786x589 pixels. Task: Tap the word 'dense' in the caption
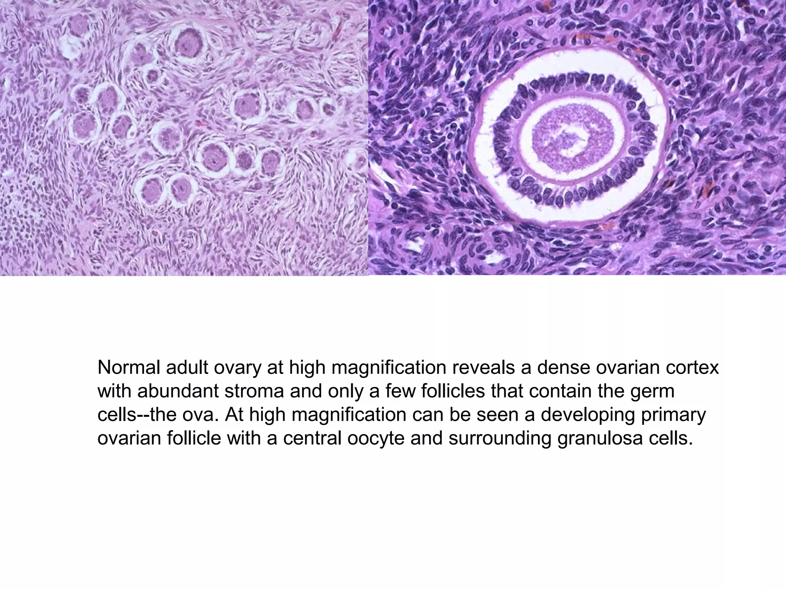(x=560, y=368)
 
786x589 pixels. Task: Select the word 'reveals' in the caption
(x=482, y=368)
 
